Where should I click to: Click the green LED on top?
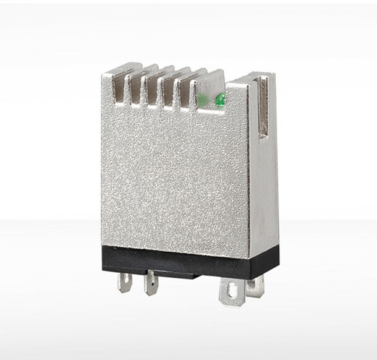(x=219, y=98)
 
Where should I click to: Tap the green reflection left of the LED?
(x=202, y=99)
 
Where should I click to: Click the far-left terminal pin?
(x=125, y=282)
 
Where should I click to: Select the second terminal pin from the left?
(x=151, y=284)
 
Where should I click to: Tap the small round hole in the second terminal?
(x=151, y=286)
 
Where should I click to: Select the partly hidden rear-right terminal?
(x=254, y=286)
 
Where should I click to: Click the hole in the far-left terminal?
(x=124, y=281)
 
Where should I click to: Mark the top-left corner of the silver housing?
(x=103, y=74)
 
